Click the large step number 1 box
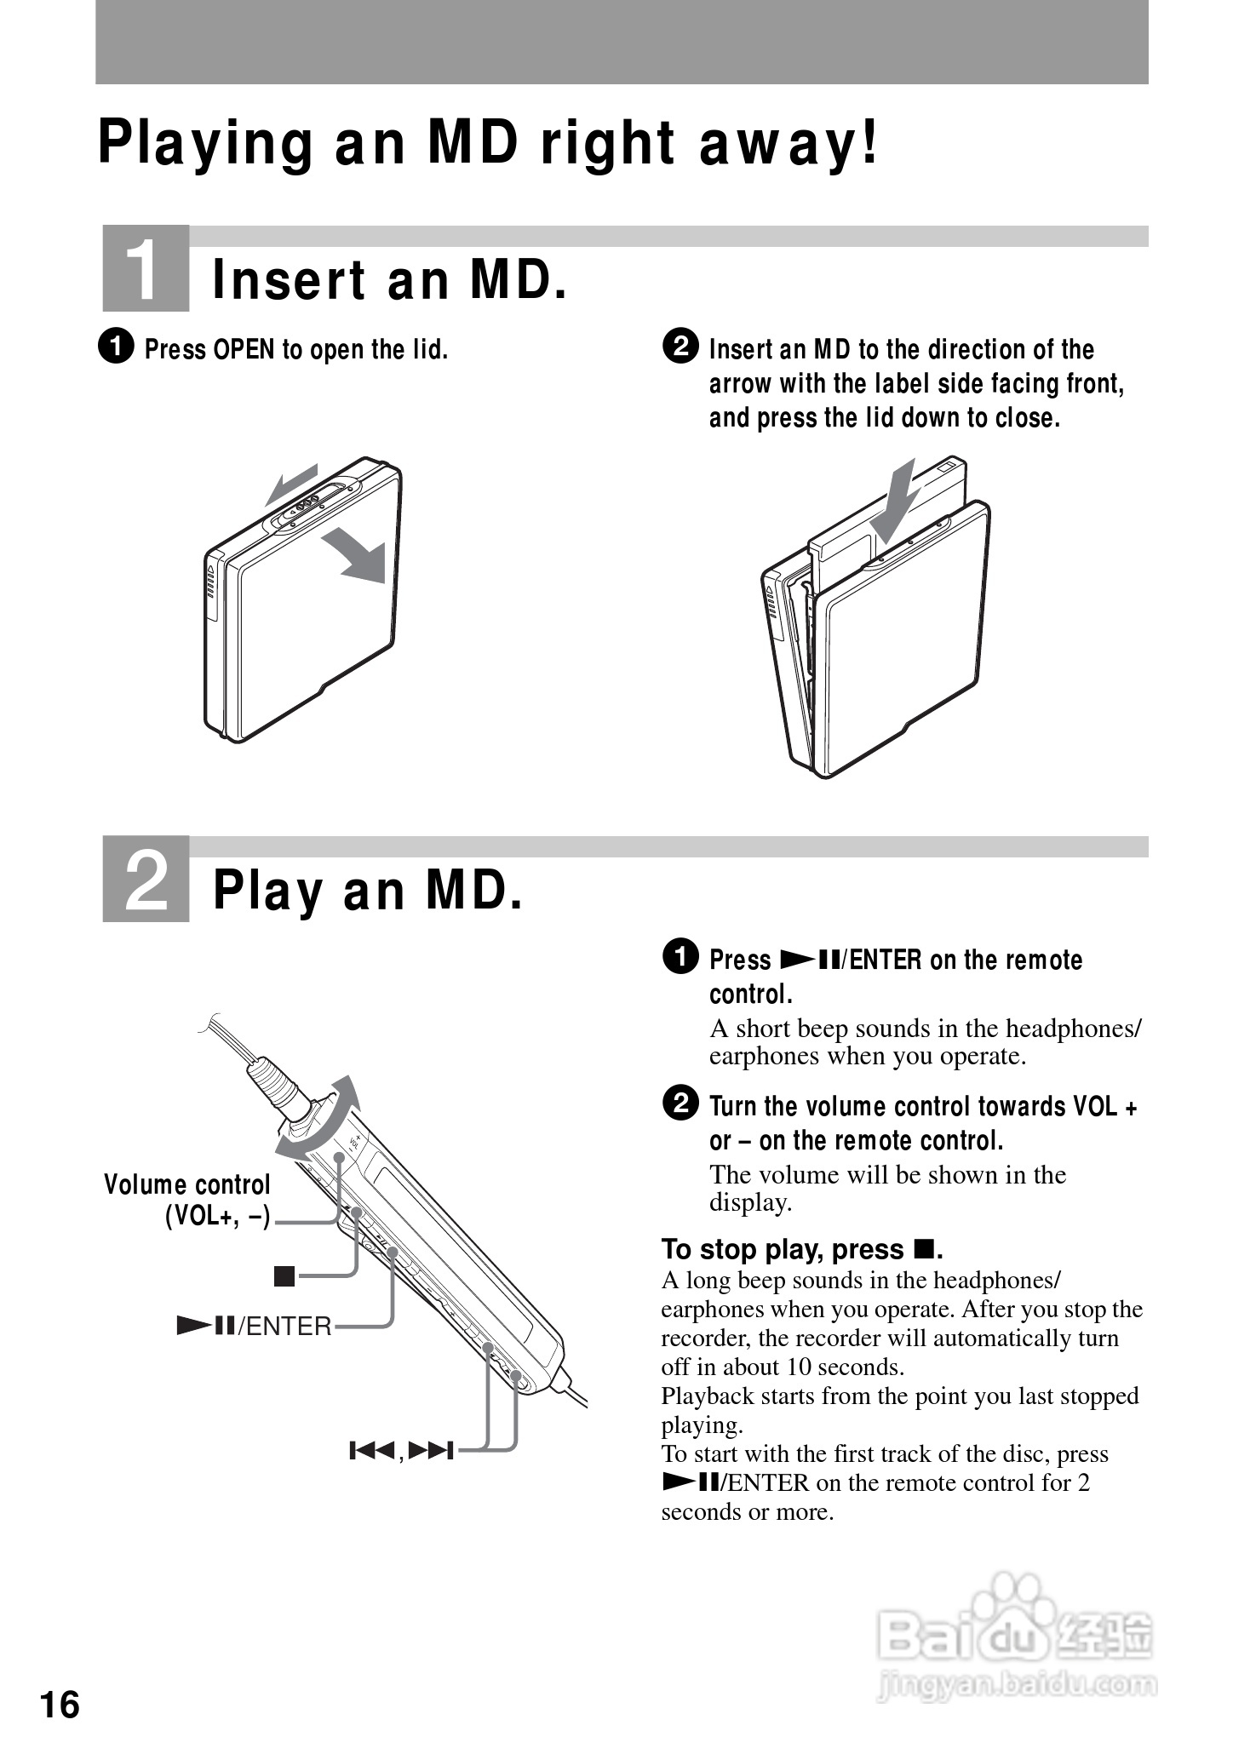[146, 269]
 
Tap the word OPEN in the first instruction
[244, 350]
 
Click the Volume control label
[186, 1185]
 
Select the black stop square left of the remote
[284, 1276]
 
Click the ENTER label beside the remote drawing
[286, 1327]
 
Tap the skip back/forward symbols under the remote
[401, 1450]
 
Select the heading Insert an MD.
[389, 280]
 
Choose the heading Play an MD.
[367, 891]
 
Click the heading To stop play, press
[800, 1249]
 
